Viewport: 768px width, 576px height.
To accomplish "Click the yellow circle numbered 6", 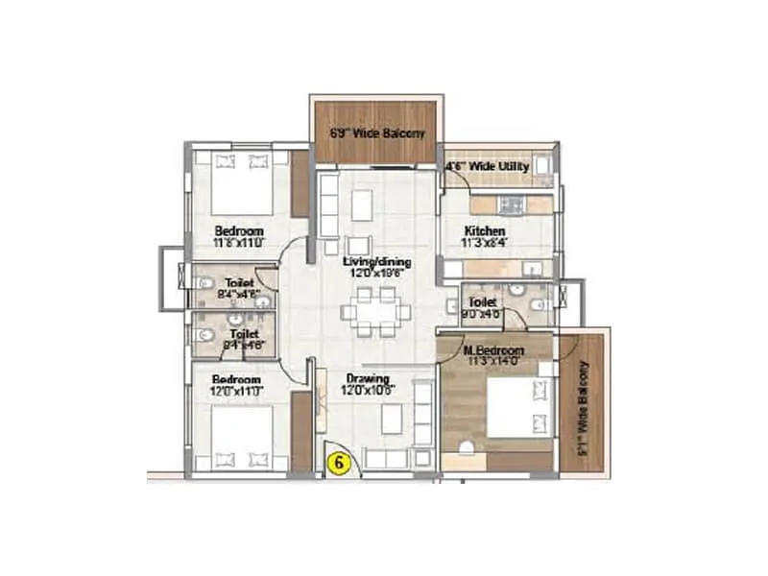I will pos(337,462).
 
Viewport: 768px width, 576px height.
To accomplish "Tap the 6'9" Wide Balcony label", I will pos(376,133).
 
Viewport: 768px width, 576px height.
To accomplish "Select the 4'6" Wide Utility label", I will pos(488,166).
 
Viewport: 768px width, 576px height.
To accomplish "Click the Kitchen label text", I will pos(485,231).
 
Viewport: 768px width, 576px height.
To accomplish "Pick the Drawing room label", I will pos(367,378).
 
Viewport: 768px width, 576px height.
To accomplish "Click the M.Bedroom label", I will pos(495,350).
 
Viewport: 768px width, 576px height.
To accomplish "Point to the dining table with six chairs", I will pos(373,312).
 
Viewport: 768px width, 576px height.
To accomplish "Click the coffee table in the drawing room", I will pos(392,419).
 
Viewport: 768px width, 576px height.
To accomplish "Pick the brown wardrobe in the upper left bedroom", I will pos(300,183).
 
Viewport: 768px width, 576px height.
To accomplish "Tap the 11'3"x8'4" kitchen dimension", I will pos(485,244).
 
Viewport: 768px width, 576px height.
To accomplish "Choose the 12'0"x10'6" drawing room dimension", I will pos(367,391).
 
